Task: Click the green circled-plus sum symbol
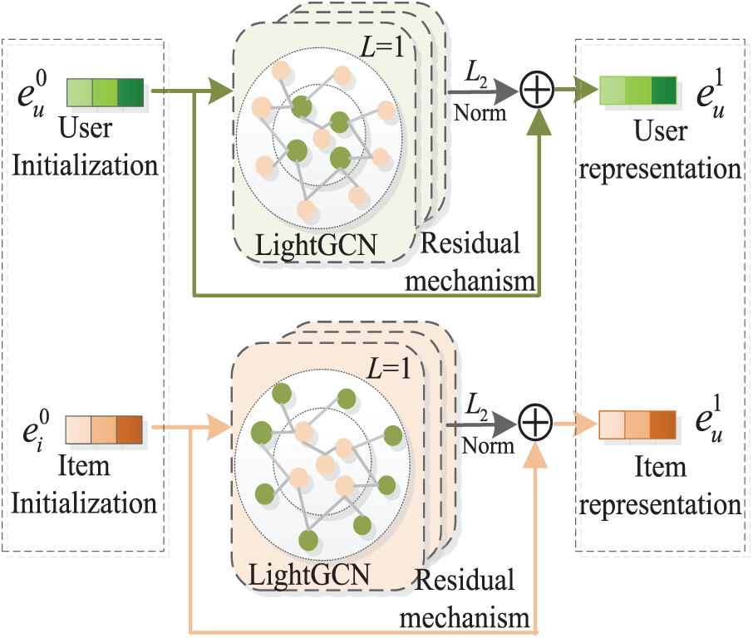click(537, 90)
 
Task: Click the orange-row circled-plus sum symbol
click(535, 424)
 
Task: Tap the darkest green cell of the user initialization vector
click(130, 92)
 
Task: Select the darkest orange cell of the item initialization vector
click(130, 429)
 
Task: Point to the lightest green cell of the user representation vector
click(613, 91)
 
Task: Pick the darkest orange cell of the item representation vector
click(663, 425)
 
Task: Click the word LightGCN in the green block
click(316, 246)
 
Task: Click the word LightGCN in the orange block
click(309, 575)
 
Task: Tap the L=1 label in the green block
click(381, 47)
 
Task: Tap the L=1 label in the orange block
click(389, 369)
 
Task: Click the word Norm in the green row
click(480, 113)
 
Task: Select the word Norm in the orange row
click(488, 446)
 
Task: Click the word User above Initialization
click(86, 129)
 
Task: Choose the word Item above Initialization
click(84, 466)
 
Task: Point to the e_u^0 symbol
click(32, 94)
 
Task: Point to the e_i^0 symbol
click(36, 430)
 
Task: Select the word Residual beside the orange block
click(465, 579)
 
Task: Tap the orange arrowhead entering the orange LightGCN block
click(219, 427)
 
